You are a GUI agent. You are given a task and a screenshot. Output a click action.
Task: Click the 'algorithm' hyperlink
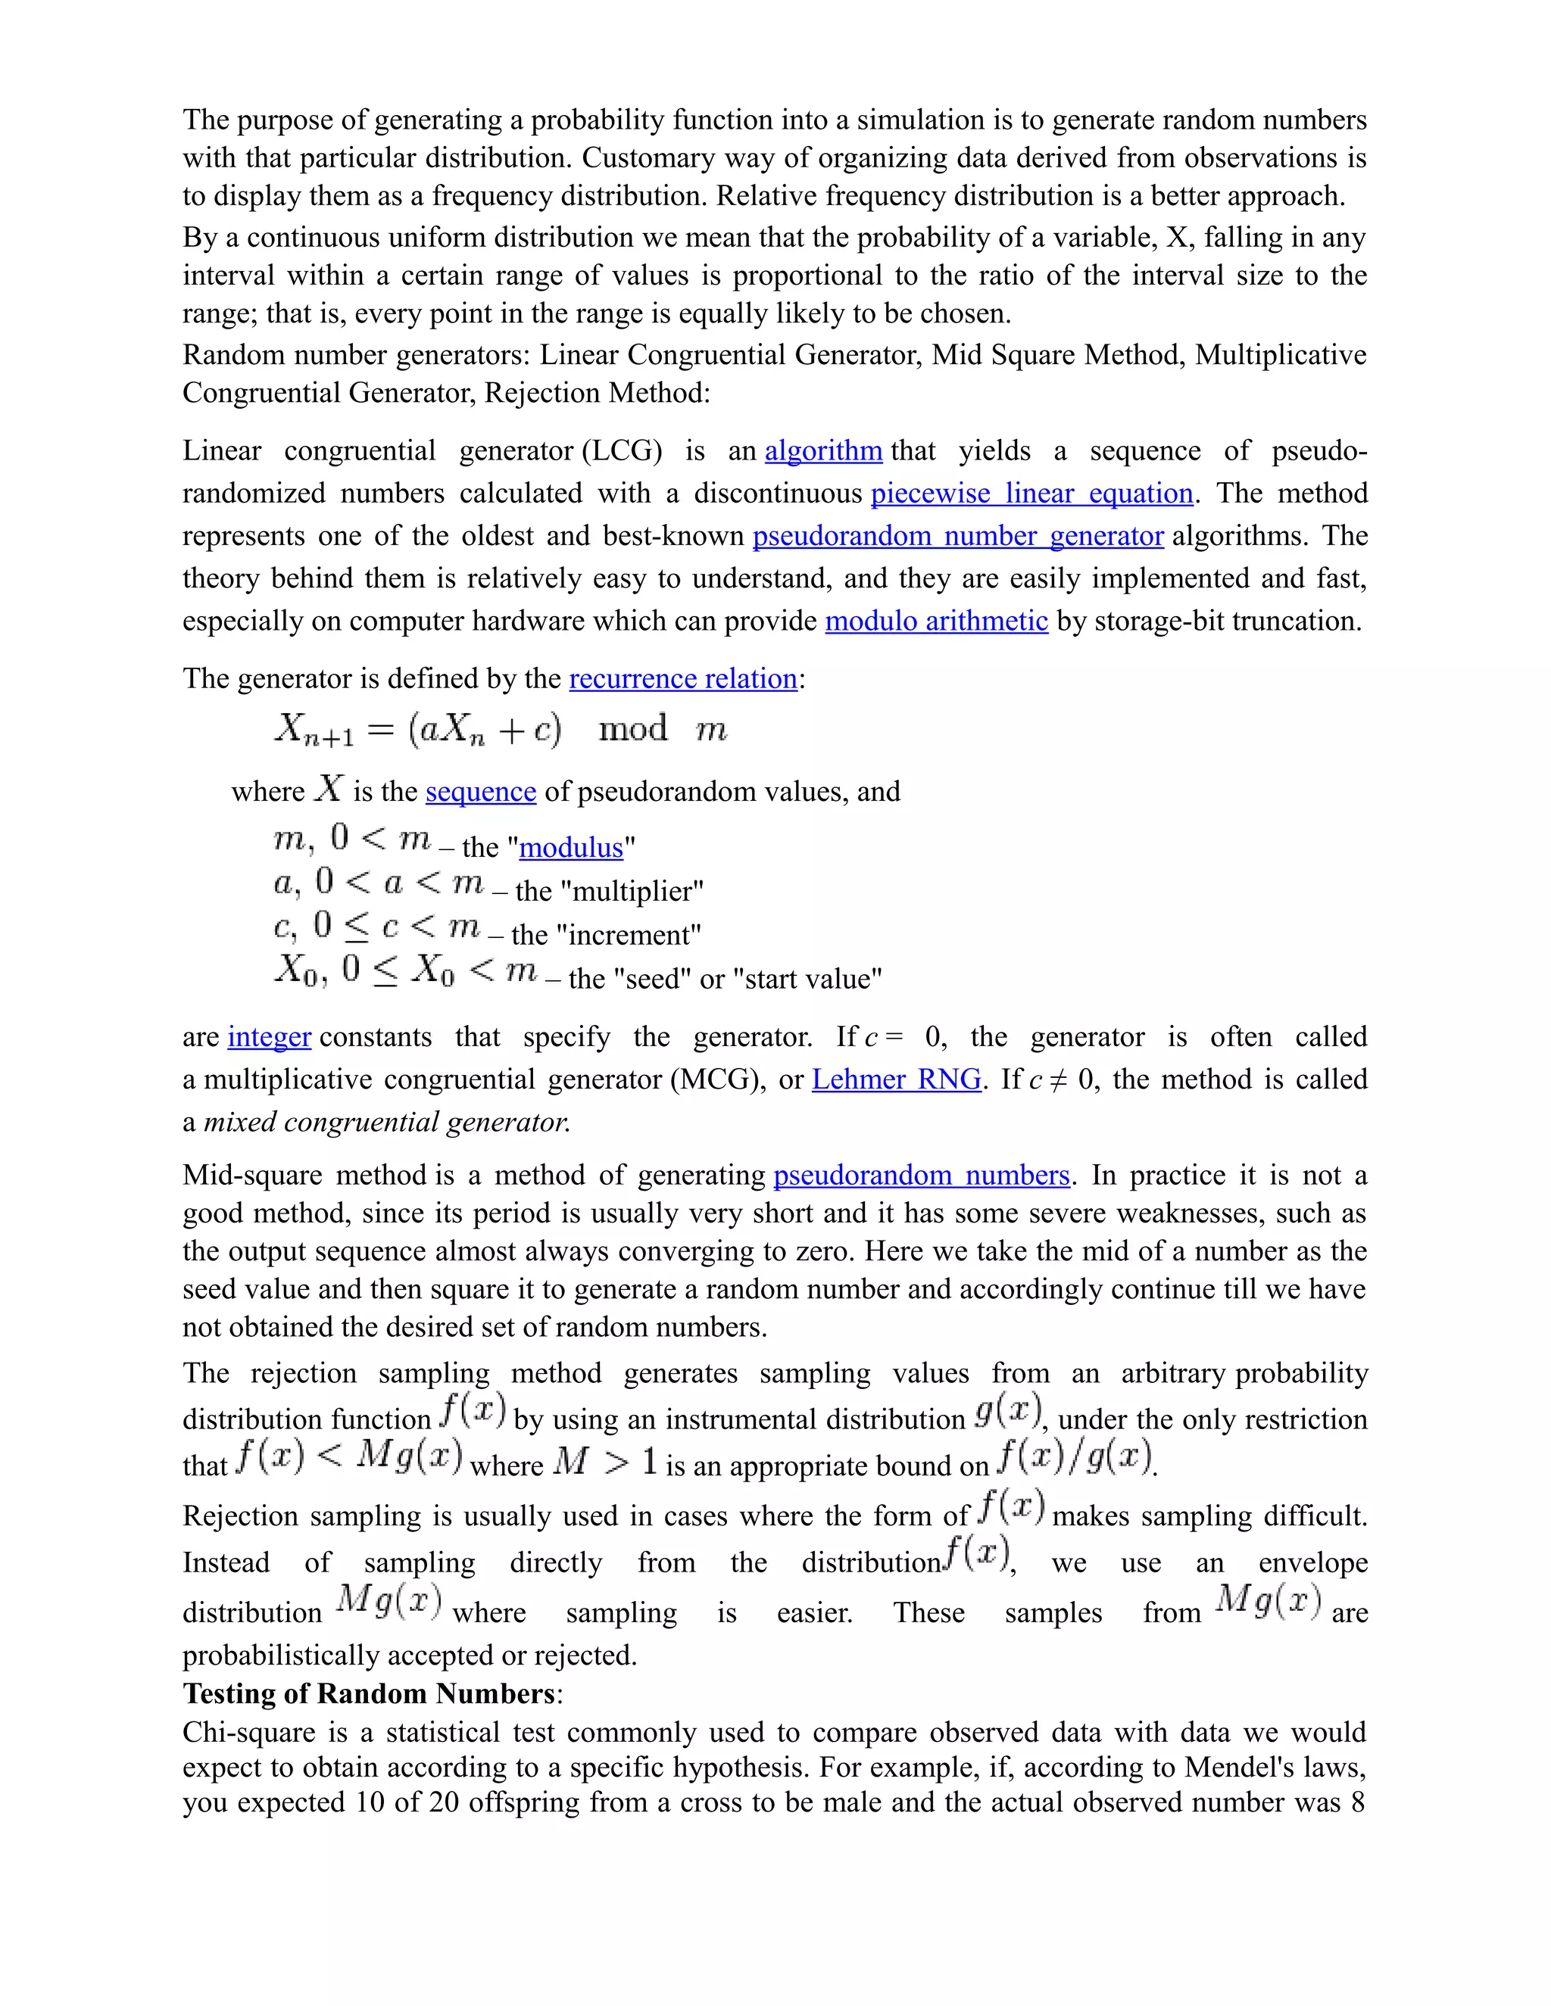pos(823,451)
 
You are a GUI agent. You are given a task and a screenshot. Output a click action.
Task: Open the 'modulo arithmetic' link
pos(935,621)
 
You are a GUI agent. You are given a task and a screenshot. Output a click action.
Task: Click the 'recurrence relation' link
pos(682,679)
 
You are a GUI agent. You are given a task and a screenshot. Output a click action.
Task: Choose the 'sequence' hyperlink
pos(481,792)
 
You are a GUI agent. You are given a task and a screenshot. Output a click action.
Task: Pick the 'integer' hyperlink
pos(269,1037)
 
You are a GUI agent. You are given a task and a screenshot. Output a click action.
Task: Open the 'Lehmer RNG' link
pos(897,1079)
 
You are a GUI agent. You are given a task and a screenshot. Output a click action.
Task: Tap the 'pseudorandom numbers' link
pos(922,1176)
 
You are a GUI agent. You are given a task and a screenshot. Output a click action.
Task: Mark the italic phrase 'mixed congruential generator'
pos(386,1123)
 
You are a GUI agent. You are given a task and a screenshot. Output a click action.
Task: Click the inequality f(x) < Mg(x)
pos(348,1458)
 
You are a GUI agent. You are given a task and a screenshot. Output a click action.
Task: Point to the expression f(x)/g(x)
pos(1074,1458)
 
